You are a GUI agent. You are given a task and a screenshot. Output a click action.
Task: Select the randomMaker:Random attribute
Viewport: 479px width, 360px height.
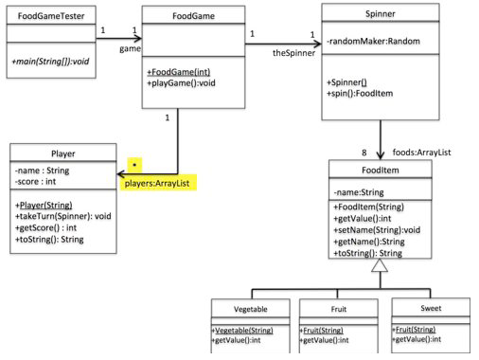tap(373, 44)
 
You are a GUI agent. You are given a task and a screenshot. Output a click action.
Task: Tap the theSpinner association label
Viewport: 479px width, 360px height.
tap(293, 53)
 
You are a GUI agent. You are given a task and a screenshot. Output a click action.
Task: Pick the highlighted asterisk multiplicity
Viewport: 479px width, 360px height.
tap(134, 165)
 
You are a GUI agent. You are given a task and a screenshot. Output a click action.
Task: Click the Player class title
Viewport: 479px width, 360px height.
tap(62, 153)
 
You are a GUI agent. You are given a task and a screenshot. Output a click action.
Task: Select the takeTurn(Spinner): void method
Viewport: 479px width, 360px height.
tap(63, 216)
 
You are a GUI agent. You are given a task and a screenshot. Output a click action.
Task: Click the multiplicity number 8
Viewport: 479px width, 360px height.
tap(364, 152)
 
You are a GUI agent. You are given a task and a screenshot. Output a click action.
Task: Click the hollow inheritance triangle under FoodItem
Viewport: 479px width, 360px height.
tap(380, 267)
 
